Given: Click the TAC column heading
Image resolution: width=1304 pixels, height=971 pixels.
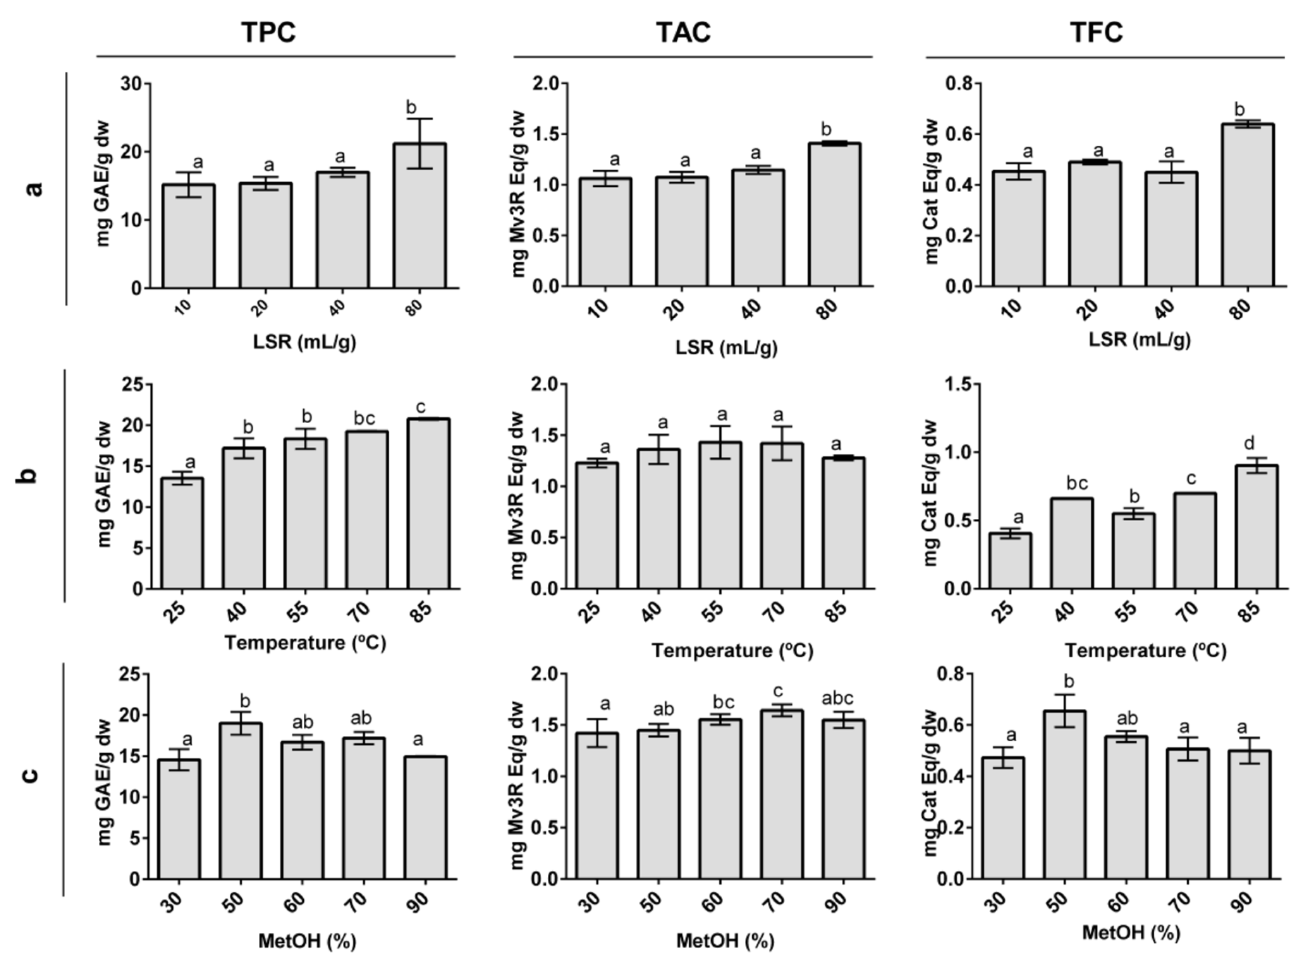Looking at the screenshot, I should [x=683, y=32].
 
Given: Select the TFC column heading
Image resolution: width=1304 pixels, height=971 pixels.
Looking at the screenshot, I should [x=1097, y=32].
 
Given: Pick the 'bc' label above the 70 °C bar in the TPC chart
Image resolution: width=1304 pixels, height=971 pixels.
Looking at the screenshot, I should [x=364, y=418].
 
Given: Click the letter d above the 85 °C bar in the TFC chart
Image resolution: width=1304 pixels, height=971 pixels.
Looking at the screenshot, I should [x=1249, y=443].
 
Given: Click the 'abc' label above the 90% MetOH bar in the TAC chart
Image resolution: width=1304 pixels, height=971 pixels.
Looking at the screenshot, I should [x=837, y=698].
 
